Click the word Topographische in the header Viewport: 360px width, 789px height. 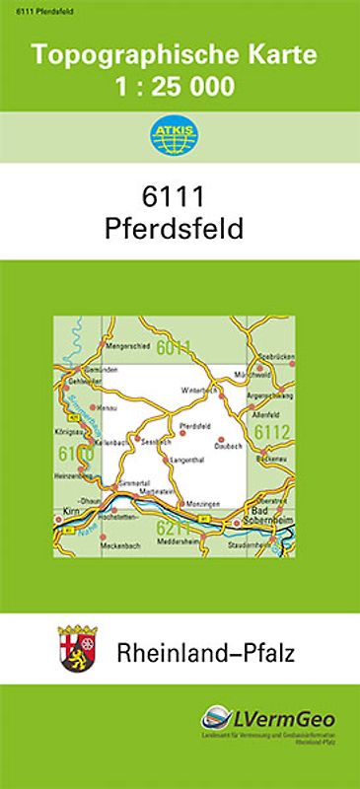[x=132, y=55]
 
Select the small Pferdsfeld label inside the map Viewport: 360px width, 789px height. [x=196, y=425]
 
